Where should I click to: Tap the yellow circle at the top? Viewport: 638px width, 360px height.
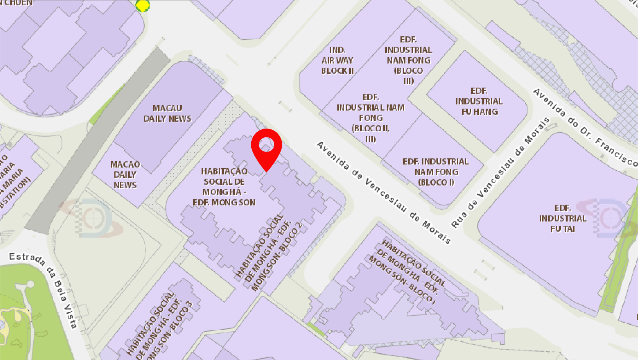[143, 5]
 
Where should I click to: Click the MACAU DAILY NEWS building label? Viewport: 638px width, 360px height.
[167, 114]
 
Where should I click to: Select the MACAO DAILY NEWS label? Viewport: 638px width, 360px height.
[125, 175]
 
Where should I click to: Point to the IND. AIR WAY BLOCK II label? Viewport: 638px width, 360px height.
[337, 60]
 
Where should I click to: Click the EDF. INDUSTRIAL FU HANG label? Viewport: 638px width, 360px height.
[479, 101]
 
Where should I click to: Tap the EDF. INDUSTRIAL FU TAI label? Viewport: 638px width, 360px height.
[563, 218]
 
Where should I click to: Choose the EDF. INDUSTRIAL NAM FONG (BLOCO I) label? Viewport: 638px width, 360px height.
[436, 172]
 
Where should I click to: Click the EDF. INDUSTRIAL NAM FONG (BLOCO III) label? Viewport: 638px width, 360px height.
[408, 60]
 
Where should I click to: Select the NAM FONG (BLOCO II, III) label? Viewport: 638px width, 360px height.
[370, 118]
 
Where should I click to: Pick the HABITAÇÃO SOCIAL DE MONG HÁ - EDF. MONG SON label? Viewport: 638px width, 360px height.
[224, 187]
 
